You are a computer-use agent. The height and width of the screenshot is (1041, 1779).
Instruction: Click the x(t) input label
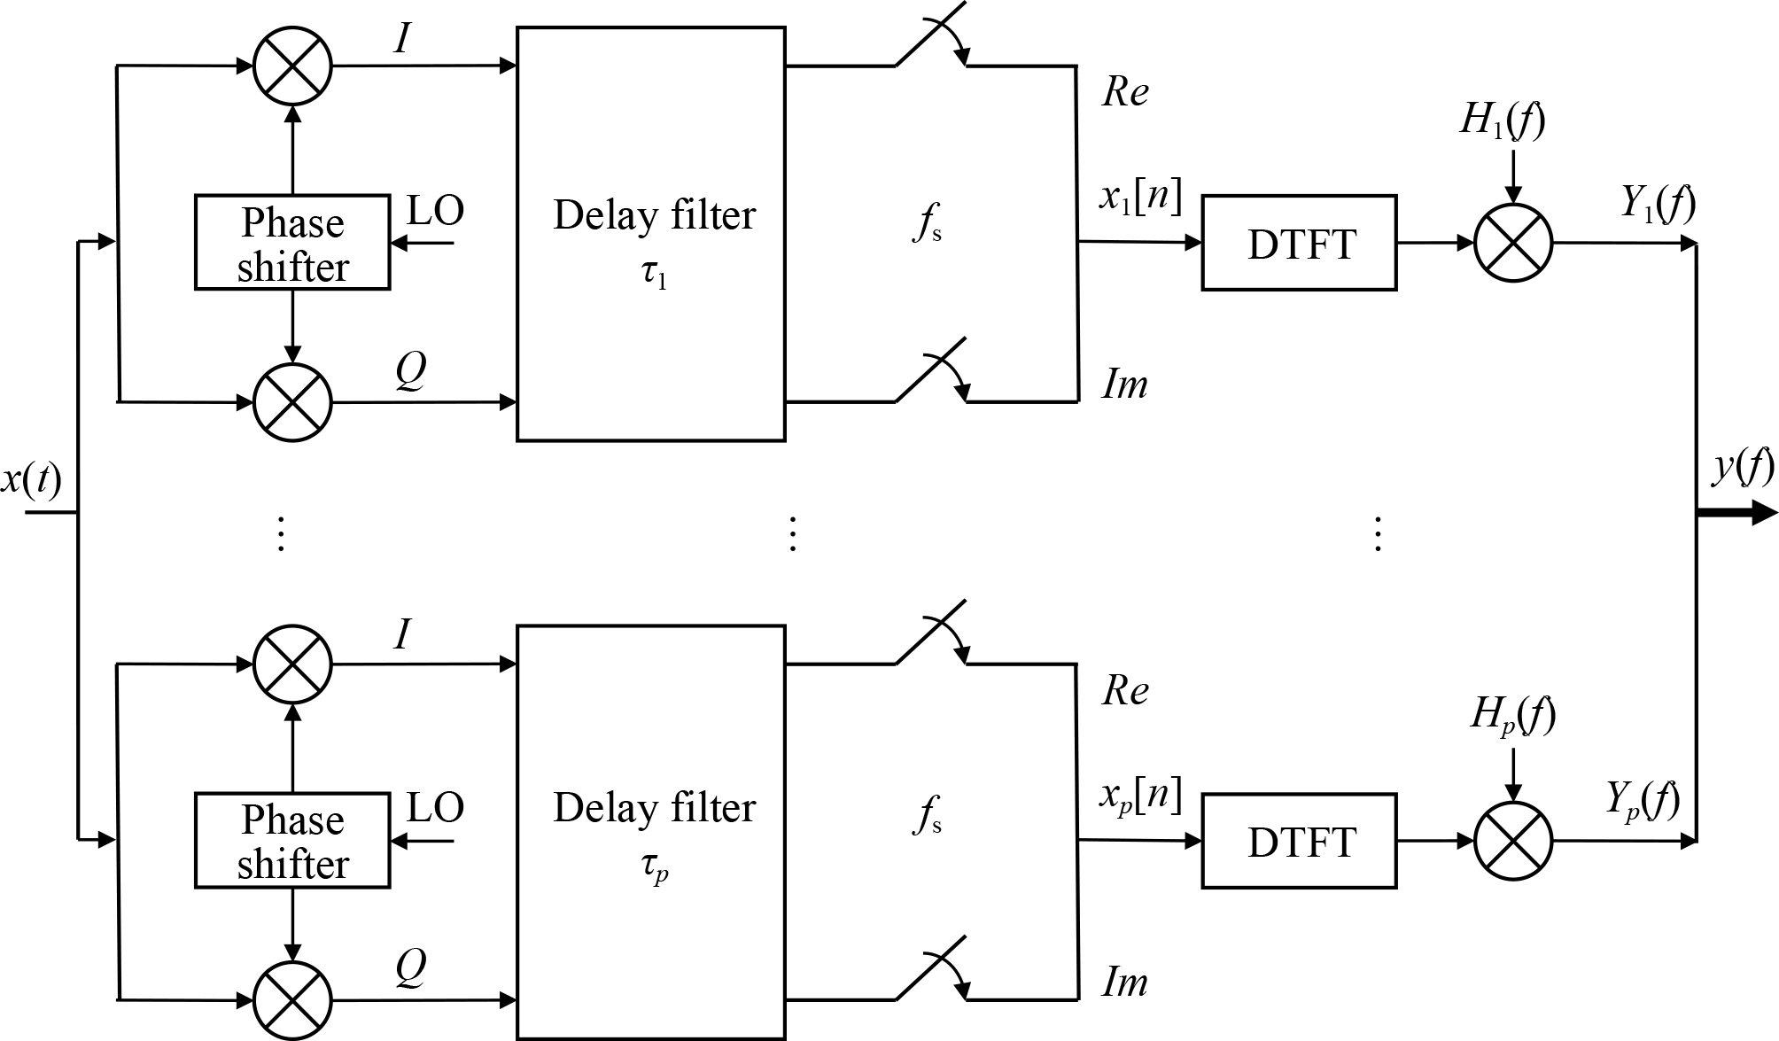32,479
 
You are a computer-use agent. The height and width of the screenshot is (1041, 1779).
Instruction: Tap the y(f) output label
1743,466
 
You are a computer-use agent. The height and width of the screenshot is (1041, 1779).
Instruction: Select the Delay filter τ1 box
651,234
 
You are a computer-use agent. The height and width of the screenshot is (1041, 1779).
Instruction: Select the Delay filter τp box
651,832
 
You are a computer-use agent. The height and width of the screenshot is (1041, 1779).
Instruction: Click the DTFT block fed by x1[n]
1299,244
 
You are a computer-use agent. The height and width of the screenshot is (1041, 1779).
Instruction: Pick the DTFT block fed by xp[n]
1299,841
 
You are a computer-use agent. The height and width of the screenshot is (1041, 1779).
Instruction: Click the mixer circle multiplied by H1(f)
1513,244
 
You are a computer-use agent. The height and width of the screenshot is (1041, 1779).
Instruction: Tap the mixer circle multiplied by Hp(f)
1513,841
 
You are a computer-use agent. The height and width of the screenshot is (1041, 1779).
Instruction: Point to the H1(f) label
1503,120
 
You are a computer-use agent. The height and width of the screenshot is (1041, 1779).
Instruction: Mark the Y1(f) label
1658,203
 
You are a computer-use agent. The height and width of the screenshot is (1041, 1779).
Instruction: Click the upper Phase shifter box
292,243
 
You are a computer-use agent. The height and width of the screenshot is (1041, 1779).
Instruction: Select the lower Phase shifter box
292,841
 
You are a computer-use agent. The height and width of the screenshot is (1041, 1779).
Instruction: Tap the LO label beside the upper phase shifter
435,211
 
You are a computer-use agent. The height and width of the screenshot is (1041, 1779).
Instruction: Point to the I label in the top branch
403,37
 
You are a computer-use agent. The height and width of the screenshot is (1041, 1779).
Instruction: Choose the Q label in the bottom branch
410,967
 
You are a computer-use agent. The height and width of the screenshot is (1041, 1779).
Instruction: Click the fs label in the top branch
927,225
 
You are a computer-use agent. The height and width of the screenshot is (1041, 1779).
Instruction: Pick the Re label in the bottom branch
1125,690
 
